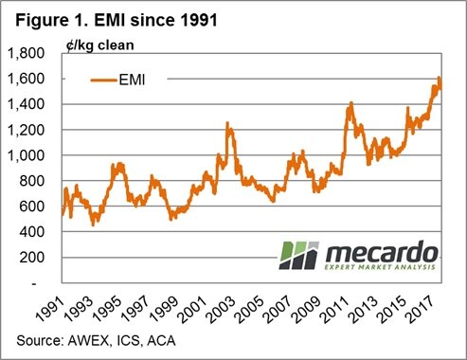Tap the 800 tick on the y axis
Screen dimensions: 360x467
(x=34, y=181)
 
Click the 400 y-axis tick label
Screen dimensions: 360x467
(x=34, y=232)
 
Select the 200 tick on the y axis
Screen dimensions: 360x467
(x=34, y=258)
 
